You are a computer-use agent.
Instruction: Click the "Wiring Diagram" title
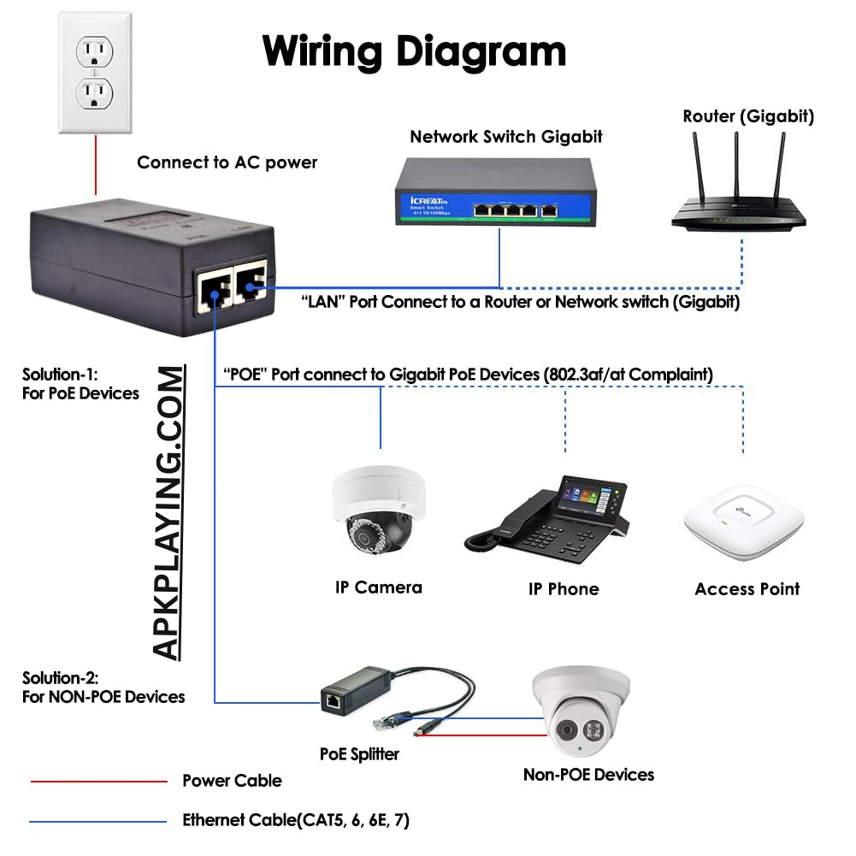click(415, 50)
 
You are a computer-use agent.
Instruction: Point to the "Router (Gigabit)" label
click(747, 116)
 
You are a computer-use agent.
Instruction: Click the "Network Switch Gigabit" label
click(505, 136)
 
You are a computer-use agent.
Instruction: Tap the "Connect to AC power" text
click(227, 162)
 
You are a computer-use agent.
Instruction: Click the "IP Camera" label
click(378, 587)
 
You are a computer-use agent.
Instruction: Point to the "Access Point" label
click(747, 589)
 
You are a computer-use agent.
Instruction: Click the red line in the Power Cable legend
click(98, 781)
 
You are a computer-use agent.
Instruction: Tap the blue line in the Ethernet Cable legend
click(98, 822)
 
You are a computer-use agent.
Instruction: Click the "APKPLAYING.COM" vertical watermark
click(169, 513)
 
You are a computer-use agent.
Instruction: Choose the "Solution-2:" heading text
click(60, 678)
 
